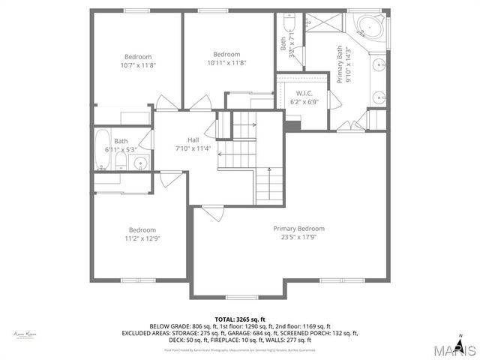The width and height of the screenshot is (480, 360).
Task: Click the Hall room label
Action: coord(193,139)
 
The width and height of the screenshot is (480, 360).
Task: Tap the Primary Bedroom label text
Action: coord(298,229)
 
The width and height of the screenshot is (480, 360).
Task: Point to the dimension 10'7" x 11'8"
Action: coord(138,65)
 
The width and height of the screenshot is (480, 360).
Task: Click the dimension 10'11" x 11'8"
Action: coord(226,62)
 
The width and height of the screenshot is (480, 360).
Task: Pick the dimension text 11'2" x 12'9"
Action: coord(142,238)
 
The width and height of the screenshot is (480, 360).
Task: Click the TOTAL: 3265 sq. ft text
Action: coord(240,319)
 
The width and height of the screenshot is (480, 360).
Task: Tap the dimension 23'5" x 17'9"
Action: coord(298,238)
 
